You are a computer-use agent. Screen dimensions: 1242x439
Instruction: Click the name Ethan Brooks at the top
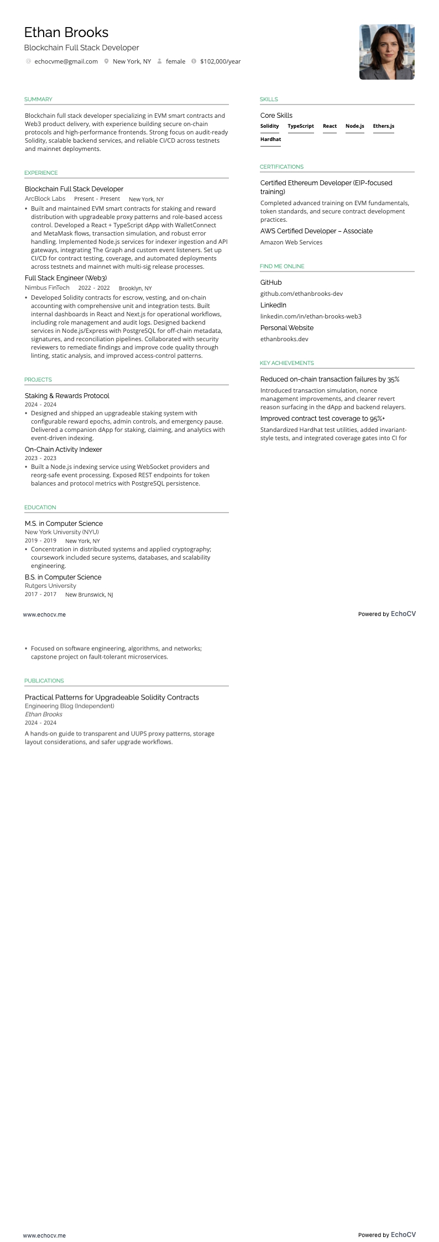66,33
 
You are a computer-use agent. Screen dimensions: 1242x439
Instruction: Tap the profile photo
386,52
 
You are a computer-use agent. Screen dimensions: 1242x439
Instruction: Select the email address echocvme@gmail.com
66,61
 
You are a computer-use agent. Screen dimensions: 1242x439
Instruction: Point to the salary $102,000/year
220,61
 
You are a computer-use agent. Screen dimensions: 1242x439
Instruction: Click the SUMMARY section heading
38,100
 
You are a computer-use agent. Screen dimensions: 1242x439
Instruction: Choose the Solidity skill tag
270,126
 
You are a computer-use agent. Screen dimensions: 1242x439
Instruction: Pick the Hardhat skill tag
270,139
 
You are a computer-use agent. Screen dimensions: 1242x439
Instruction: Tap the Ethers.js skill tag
383,126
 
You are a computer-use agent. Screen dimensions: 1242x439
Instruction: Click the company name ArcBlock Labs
45,199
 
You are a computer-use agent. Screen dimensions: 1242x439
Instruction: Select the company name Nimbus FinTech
47,288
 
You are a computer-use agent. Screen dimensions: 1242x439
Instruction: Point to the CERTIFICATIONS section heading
281,167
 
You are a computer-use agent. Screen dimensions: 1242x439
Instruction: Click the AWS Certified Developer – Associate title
316,231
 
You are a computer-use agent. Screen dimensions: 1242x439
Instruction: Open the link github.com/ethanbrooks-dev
301,294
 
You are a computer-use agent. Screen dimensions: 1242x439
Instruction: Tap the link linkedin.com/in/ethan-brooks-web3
311,316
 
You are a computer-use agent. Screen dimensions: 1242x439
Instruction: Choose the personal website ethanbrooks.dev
284,339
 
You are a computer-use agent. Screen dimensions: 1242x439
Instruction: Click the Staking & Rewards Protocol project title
67,396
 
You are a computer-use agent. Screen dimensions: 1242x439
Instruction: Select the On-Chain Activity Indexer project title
63,450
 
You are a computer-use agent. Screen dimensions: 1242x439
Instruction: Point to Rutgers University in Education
50,586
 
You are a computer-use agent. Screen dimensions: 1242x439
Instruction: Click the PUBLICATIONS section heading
44,681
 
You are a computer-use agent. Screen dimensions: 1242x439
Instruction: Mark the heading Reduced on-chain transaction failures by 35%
330,379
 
